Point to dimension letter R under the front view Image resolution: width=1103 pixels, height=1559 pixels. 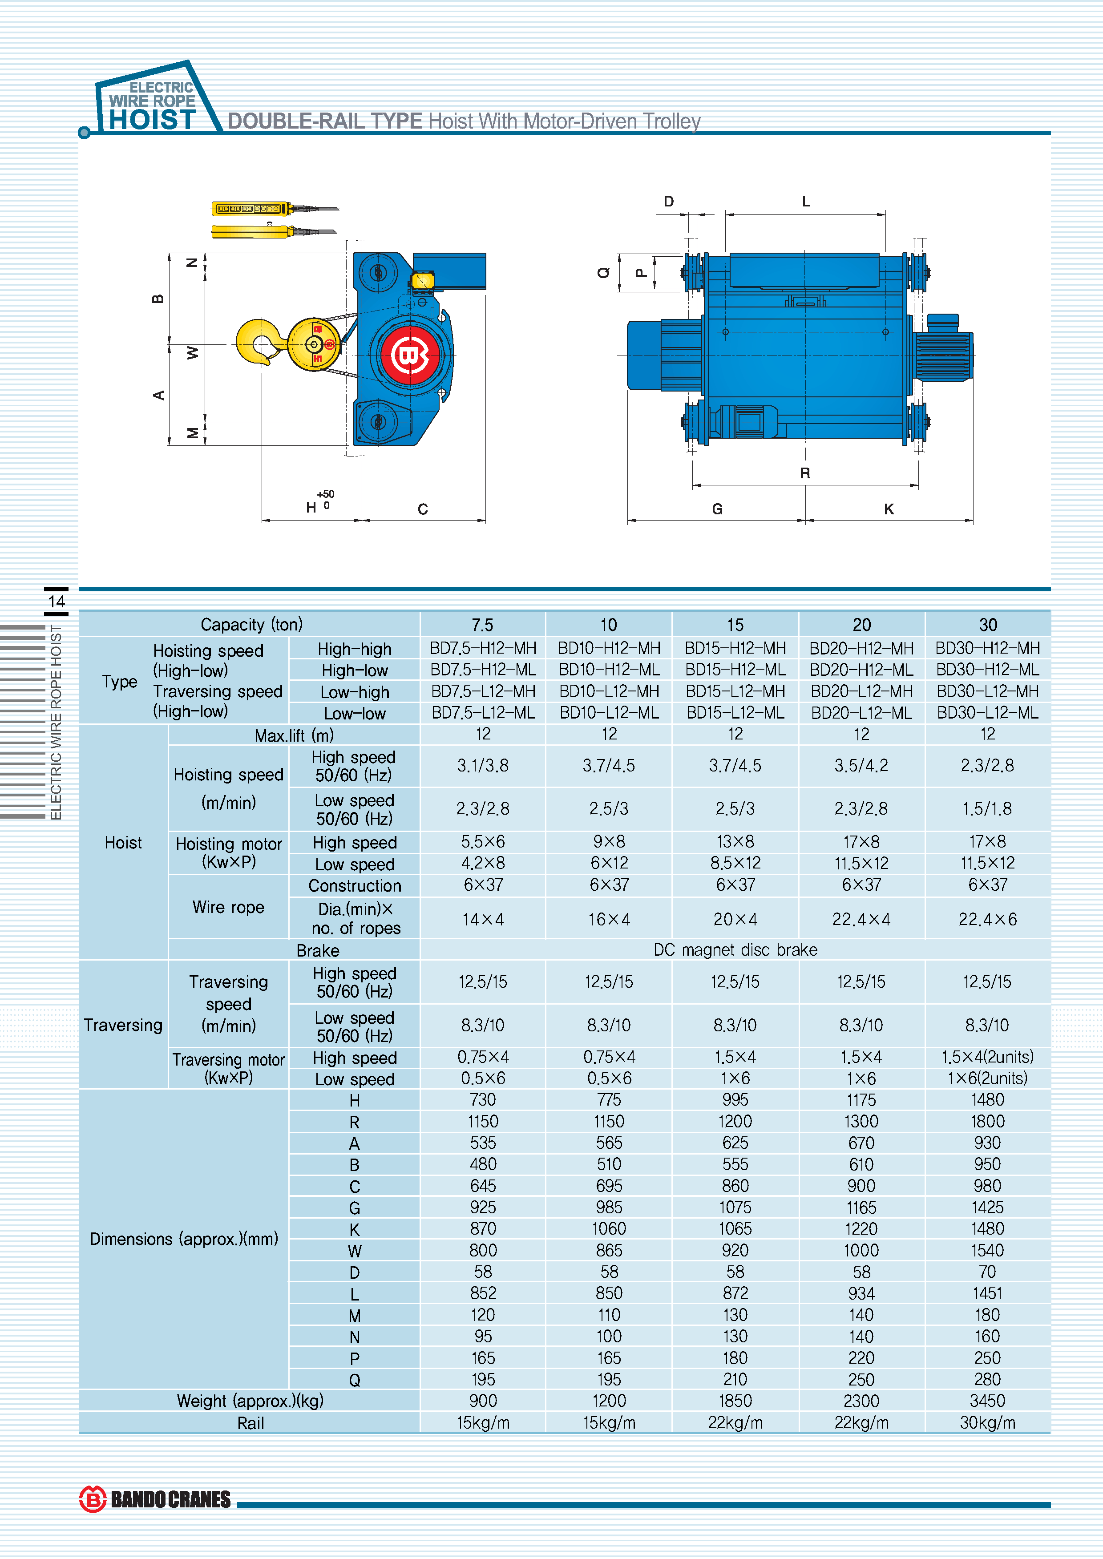coord(805,473)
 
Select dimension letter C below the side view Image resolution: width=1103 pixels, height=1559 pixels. coord(422,509)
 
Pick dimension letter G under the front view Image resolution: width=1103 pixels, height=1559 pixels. coord(717,509)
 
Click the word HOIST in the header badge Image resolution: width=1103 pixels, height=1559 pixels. coord(152,120)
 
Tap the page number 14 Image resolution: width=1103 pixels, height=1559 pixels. coord(57,601)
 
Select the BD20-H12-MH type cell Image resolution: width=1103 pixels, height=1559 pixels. coord(861,648)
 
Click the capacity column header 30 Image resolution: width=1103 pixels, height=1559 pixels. coord(987,625)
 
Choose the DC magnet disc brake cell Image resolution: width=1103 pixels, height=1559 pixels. coord(735,950)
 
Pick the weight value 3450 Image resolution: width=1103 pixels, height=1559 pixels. coord(987,1401)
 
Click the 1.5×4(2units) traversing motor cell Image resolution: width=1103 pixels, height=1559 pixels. coord(987,1057)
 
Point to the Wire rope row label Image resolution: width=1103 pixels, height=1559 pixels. coord(228,907)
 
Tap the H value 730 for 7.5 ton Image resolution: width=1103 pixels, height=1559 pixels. coord(483,1100)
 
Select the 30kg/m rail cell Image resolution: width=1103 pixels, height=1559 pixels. coord(987,1422)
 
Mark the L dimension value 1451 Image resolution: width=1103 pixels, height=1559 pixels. coord(987,1293)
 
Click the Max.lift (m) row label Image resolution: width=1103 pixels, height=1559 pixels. coord(294,735)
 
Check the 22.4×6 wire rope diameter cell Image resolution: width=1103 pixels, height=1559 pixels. coord(987,919)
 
